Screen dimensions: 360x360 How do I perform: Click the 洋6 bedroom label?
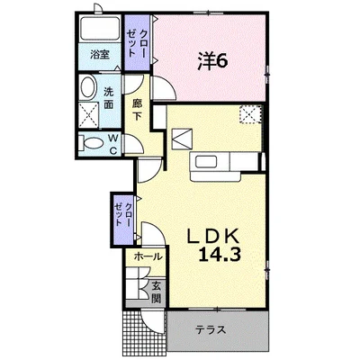[x=212, y=62]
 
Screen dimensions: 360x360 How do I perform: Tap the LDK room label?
[x=213, y=236]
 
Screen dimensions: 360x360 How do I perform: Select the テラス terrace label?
[x=211, y=330]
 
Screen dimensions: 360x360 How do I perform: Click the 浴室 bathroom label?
[x=100, y=55]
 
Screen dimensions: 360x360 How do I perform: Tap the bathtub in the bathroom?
[x=100, y=29]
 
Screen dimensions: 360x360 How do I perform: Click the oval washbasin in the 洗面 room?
[x=88, y=87]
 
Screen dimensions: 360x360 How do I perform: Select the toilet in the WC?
[x=92, y=143]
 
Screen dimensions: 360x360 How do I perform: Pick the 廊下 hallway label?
[x=137, y=110]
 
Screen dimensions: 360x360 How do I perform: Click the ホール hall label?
[x=148, y=256]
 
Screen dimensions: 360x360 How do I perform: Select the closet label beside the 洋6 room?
[x=137, y=43]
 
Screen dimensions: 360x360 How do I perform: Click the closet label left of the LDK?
[x=123, y=215]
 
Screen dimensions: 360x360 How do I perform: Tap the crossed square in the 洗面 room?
[x=88, y=114]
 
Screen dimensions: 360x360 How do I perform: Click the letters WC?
[x=112, y=144]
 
